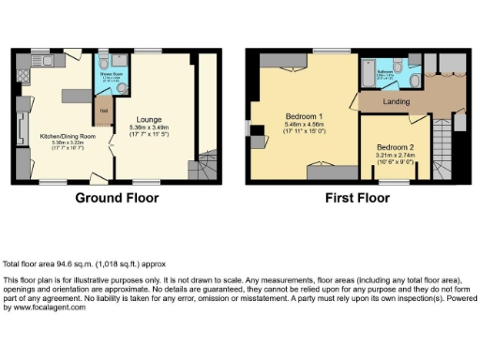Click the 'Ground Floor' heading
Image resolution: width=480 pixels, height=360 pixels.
(x=118, y=198)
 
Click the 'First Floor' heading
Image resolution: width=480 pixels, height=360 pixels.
(x=357, y=198)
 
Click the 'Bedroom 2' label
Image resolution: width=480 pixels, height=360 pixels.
(x=396, y=147)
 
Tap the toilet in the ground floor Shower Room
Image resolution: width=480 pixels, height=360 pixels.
(x=121, y=67)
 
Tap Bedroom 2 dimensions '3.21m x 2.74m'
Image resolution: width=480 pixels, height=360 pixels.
(x=396, y=155)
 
